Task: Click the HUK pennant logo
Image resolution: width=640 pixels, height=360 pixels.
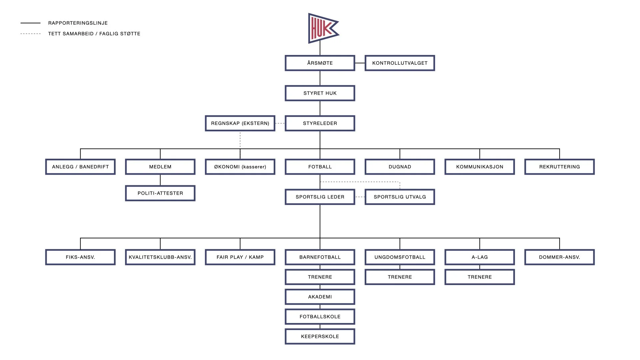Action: pyautogui.click(x=322, y=28)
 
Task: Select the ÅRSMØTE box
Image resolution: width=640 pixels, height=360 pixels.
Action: pyautogui.click(x=320, y=63)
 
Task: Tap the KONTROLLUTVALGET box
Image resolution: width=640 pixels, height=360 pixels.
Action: pyautogui.click(x=400, y=63)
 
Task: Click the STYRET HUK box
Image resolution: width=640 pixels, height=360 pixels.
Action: pyautogui.click(x=320, y=93)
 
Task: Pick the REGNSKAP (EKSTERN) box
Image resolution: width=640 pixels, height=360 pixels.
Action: pyautogui.click(x=240, y=123)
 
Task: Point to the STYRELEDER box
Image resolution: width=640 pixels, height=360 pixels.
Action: pyautogui.click(x=320, y=123)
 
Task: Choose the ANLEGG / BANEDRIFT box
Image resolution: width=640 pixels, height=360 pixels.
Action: pyautogui.click(x=80, y=167)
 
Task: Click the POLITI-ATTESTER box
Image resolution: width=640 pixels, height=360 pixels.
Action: pyautogui.click(x=160, y=193)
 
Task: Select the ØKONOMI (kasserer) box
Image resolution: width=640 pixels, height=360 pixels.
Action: pyautogui.click(x=240, y=167)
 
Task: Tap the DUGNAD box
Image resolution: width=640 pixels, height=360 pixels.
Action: pyautogui.click(x=400, y=167)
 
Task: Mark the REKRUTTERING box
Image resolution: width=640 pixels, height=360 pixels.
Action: pyautogui.click(x=559, y=167)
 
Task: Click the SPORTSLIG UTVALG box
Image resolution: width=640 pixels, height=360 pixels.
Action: pyautogui.click(x=400, y=197)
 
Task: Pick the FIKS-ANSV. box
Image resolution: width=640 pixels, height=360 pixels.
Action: pyautogui.click(x=80, y=257)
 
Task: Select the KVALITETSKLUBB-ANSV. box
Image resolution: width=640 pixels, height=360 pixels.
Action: pyautogui.click(x=160, y=257)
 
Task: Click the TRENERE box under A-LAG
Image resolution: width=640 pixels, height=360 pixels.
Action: pyautogui.click(x=480, y=277)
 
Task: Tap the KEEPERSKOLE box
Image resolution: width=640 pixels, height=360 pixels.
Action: pyautogui.click(x=320, y=337)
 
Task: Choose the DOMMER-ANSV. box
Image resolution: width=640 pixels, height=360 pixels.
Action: pyautogui.click(x=559, y=257)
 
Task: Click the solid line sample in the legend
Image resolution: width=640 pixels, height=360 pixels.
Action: pyautogui.click(x=30, y=23)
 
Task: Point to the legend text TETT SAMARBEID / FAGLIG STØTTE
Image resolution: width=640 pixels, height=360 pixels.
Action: pyautogui.click(x=94, y=34)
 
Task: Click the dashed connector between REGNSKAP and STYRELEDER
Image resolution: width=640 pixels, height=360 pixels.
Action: pyautogui.click(x=280, y=123)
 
